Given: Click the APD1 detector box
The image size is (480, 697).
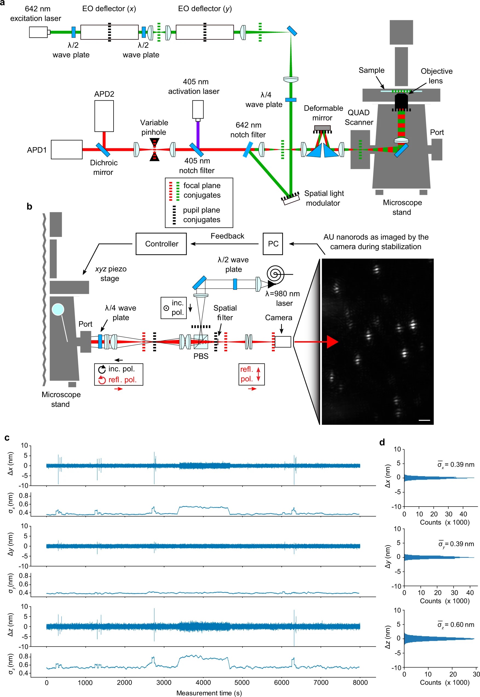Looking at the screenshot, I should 66,149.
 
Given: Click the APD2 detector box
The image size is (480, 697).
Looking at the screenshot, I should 104,116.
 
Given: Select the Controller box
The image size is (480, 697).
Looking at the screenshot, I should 161,244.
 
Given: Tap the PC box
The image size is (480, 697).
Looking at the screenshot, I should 273,244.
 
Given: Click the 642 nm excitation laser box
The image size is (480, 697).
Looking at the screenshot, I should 38,32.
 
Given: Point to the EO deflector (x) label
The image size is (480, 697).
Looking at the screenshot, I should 109,9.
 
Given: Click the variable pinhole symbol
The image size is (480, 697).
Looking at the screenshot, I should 155,149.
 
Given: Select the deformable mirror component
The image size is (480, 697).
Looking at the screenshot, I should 322,128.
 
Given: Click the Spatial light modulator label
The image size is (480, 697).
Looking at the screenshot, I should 324,198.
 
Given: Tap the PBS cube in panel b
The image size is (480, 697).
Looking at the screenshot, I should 201,342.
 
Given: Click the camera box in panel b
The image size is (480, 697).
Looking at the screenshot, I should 283,342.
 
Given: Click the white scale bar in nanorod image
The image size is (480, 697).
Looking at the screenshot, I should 424,420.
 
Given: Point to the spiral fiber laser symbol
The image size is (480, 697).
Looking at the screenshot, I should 276,274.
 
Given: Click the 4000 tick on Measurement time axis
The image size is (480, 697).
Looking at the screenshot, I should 203,682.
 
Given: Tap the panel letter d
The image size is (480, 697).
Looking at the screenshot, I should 382,442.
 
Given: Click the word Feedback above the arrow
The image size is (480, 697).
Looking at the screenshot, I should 227,236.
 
